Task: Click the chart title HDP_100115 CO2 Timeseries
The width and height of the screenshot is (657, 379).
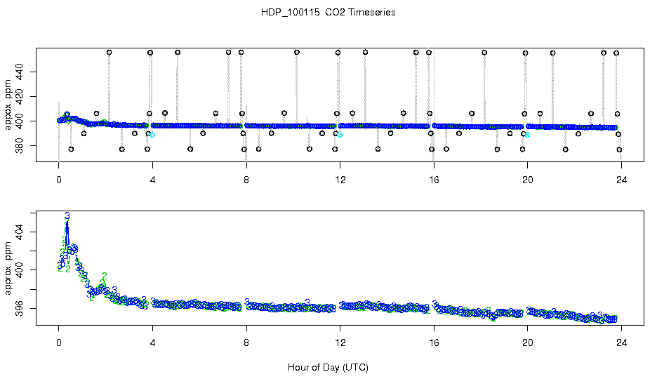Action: point(328,13)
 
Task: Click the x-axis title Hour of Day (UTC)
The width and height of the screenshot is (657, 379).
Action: point(328,367)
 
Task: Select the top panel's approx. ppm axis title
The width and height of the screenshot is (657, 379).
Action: point(8,105)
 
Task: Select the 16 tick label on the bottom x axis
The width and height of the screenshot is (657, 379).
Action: point(434,344)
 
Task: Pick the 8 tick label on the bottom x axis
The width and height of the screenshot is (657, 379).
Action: point(246,344)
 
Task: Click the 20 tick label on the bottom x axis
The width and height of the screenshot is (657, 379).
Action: point(528,344)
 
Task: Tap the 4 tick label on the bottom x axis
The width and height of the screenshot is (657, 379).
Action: point(152,344)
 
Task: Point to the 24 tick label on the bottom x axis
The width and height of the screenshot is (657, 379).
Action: point(622,344)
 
